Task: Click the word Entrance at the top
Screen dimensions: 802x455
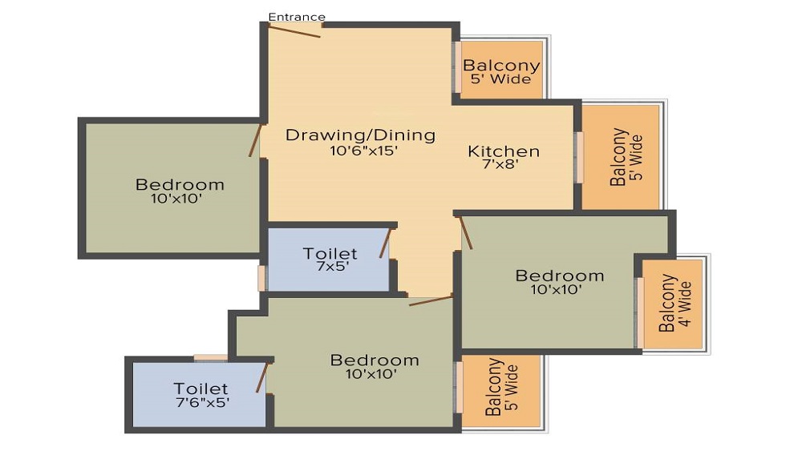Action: coord(297,17)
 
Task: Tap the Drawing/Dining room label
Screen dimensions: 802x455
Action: coord(361,135)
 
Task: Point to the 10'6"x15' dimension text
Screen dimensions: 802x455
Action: coord(363,151)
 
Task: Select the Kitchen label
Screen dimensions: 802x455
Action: coord(504,151)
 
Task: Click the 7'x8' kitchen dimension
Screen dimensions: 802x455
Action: coord(501,164)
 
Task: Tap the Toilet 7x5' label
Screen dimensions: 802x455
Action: coord(330,260)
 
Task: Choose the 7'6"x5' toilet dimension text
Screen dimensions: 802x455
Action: coord(203,402)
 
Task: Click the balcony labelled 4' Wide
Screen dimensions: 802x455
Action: coord(673,304)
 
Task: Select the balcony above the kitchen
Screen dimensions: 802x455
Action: coord(501,70)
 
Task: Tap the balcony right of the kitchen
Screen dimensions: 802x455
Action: coord(621,157)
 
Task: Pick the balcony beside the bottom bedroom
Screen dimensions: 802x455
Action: coord(500,391)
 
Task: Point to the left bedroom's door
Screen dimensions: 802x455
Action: coord(255,139)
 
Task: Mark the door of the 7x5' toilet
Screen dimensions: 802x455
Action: coord(385,243)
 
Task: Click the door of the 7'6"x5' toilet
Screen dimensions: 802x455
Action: coord(262,377)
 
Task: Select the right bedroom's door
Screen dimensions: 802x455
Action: coord(466,232)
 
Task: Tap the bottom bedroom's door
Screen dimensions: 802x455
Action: coord(431,300)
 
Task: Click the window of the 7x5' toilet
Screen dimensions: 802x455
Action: coord(261,278)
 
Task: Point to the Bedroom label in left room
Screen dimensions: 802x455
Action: coord(180,184)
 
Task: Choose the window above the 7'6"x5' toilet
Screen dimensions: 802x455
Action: coord(211,358)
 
